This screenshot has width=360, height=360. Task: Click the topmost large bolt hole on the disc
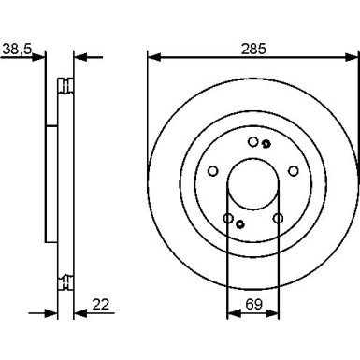tap(253, 142)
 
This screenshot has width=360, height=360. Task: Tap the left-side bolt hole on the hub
tap(213, 171)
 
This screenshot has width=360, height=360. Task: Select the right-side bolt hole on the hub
tap(293, 171)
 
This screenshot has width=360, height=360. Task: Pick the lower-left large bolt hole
tap(228, 219)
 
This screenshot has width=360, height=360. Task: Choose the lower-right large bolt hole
tap(278, 219)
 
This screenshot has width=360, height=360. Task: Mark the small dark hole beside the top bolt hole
tap(266, 144)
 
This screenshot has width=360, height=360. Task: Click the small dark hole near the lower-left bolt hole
tap(240, 223)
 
